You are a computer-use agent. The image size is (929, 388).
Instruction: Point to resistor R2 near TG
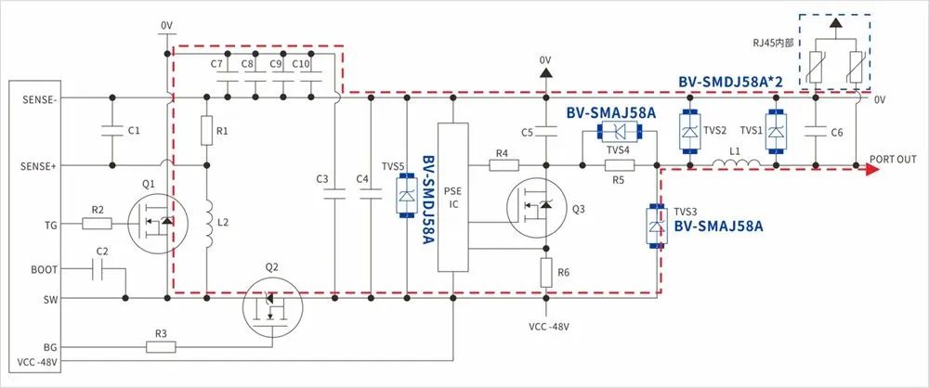[x=97, y=223]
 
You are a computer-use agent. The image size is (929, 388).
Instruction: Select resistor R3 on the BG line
[x=161, y=347]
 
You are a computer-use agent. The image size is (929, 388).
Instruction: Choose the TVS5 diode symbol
[x=406, y=195]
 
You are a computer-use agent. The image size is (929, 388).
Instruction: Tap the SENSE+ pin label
[x=36, y=165]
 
